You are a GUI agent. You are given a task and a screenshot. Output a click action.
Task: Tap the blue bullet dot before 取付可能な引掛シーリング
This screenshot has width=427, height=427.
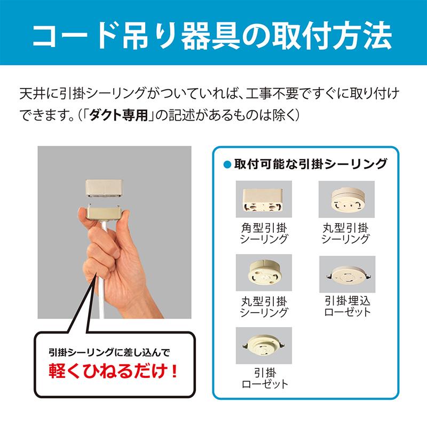click(x=226, y=163)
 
